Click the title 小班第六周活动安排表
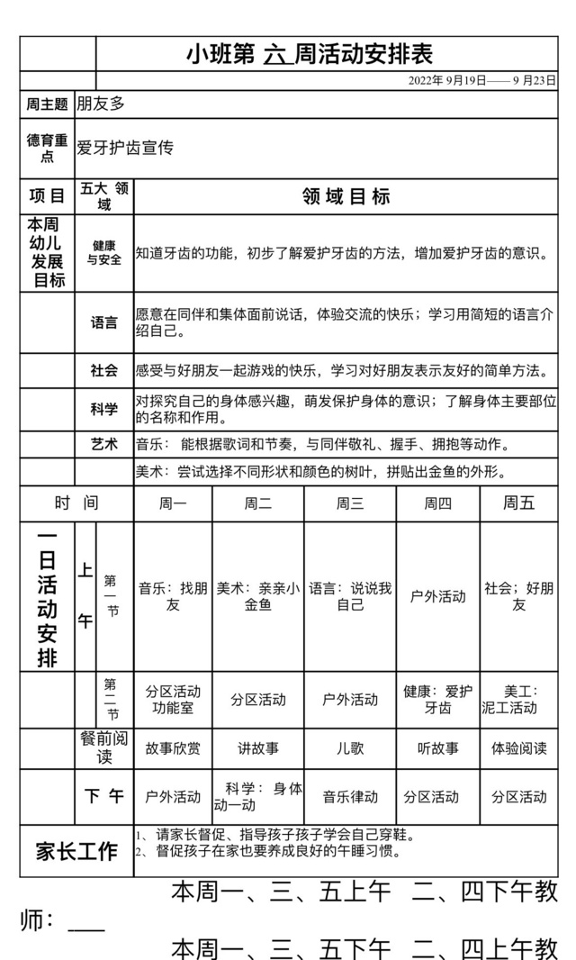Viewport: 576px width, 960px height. point(310,54)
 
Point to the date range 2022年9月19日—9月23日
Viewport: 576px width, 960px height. point(481,80)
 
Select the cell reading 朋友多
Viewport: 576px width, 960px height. point(100,104)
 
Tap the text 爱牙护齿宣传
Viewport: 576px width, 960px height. point(125,149)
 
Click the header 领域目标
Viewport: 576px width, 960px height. point(346,196)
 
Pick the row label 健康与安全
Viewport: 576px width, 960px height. point(103,253)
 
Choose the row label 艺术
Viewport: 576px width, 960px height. point(103,444)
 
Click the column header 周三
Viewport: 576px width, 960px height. point(350,503)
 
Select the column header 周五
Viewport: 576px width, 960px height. point(518,503)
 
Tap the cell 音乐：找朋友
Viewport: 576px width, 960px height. point(173,596)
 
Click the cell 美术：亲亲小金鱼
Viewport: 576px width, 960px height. point(257,596)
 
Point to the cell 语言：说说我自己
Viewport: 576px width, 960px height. point(350,596)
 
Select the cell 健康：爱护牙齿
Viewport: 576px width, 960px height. point(437,700)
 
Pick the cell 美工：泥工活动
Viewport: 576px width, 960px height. point(518,700)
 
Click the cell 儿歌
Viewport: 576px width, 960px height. point(350,747)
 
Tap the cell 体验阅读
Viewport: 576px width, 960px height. point(518,747)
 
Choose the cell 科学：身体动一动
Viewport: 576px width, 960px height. point(257,797)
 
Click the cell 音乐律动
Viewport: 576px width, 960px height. point(350,797)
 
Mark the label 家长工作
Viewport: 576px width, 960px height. point(76,851)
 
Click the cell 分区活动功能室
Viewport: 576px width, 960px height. point(173,700)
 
